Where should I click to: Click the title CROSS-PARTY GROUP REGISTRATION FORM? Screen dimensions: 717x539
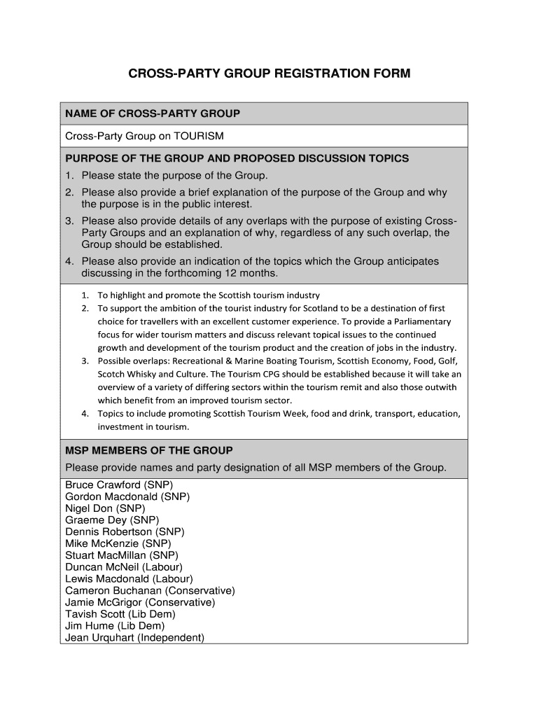[x=269, y=74]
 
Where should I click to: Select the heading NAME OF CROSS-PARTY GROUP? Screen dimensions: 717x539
[x=153, y=113]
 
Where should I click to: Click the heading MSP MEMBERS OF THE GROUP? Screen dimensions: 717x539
[x=149, y=450]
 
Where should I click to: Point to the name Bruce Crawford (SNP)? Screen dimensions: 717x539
[x=119, y=485]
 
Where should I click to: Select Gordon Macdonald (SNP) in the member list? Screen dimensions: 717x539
[x=127, y=496]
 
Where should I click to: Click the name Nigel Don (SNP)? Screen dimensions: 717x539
[x=105, y=508]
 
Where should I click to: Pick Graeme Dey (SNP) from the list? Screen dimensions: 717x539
[x=112, y=520]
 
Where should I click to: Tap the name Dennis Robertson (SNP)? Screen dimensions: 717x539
[x=125, y=532]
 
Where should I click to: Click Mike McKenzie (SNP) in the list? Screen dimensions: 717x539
[x=118, y=543]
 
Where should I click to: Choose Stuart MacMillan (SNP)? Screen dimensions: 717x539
[x=122, y=555]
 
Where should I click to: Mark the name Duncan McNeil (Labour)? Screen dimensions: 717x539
[x=124, y=567]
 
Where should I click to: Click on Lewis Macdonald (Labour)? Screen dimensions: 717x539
[x=129, y=579]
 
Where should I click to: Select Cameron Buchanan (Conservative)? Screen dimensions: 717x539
[x=150, y=591]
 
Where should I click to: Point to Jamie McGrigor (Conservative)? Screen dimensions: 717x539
[x=140, y=602]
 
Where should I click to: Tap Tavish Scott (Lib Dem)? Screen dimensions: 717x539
[x=120, y=614]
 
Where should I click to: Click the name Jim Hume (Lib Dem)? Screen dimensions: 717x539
[x=115, y=626]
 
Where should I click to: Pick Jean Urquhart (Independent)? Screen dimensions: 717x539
[x=134, y=638]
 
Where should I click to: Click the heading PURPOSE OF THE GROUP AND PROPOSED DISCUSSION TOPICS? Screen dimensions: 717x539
[x=237, y=158]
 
